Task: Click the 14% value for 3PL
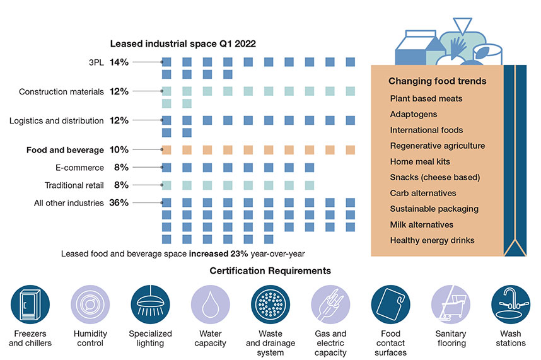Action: [119, 62]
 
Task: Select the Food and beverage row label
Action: [65, 150]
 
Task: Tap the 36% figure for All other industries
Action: [119, 202]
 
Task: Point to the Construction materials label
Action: [61, 91]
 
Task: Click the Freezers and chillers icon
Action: [30, 304]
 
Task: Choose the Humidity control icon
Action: [90, 304]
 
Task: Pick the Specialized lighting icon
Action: [150, 304]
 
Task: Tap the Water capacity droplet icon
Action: [210, 304]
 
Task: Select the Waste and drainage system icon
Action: [270, 304]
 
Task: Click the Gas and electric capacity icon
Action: [330, 304]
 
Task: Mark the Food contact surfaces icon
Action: [390, 304]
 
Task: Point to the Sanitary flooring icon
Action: [450, 304]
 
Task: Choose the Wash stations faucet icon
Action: [510, 304]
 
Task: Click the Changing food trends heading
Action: [437, 81]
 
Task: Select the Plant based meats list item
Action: [426, 98]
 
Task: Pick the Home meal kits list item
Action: [420, 161]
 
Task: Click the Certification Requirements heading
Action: [270, 271]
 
